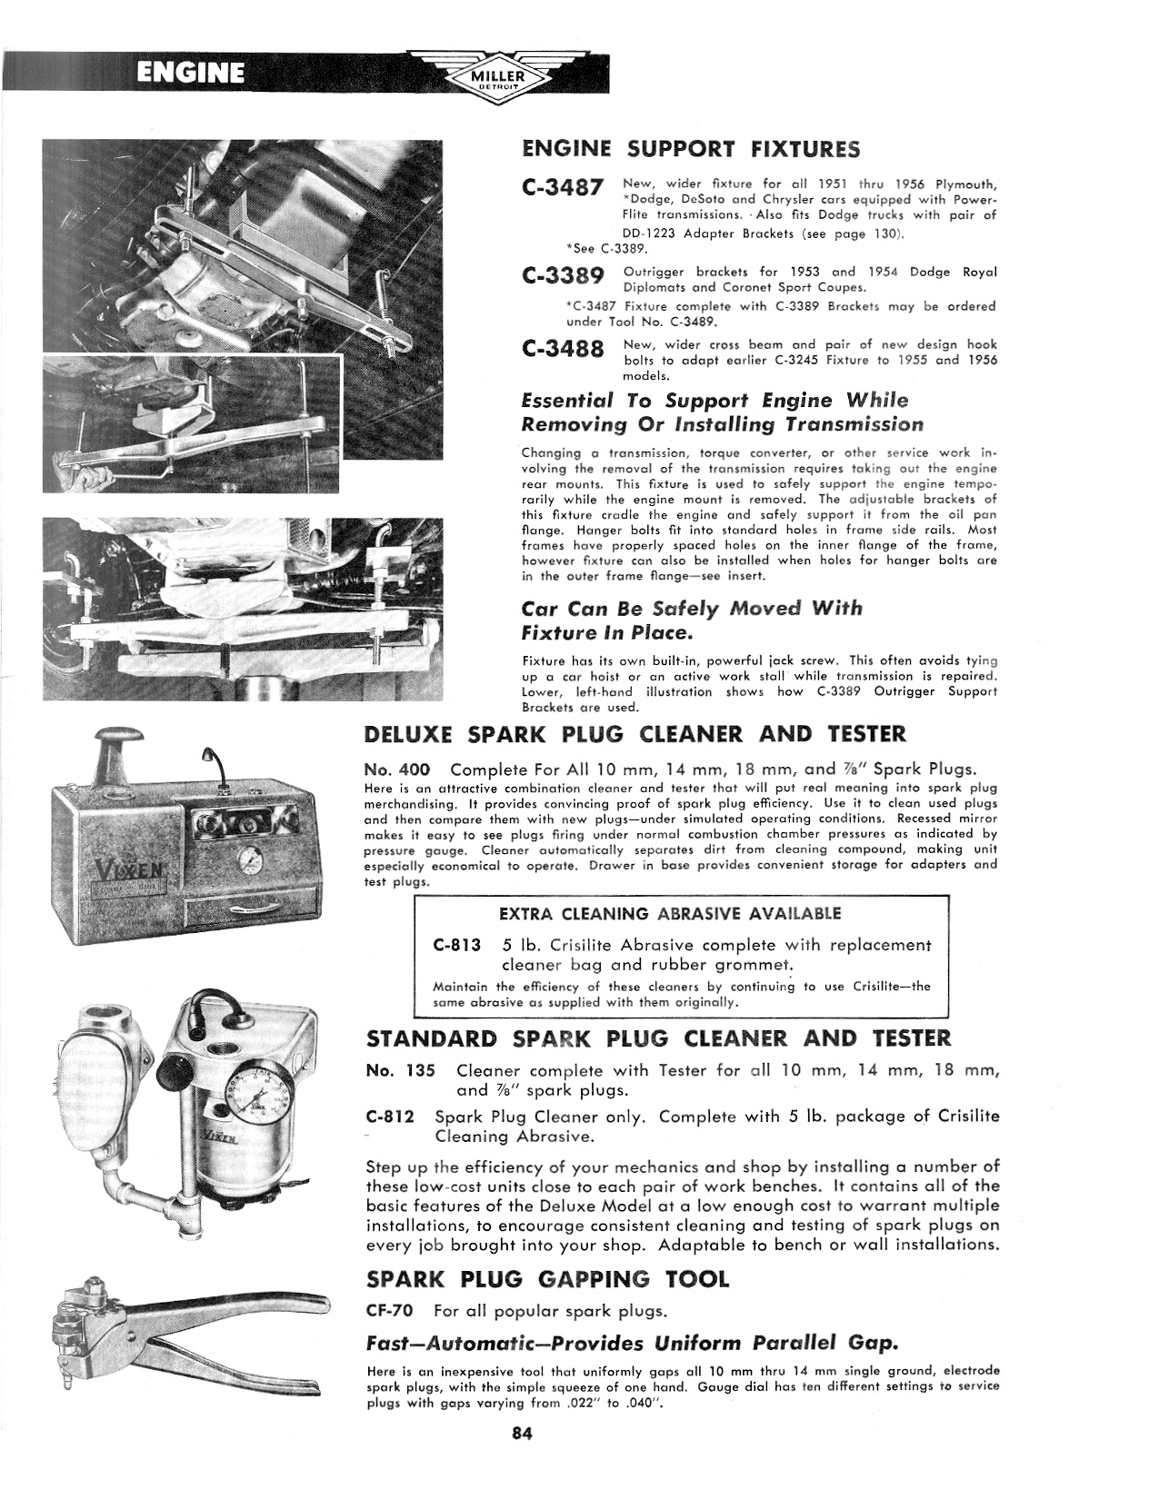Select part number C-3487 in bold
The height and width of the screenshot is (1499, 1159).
coord(564,188)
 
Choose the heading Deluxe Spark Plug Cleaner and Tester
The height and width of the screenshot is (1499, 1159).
coord(634,733)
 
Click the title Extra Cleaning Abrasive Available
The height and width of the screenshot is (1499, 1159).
coord(670,913)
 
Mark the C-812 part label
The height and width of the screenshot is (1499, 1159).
coord(389,1117)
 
